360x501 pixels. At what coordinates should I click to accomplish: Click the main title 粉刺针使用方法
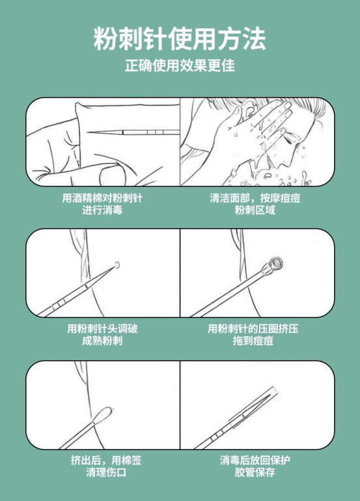tap(180, 38)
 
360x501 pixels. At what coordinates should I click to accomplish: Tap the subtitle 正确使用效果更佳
tap(180, 65)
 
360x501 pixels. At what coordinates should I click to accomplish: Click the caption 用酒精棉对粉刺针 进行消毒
tap(102, 204)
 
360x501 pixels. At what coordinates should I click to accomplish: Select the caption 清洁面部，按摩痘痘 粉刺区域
tap(255, 204)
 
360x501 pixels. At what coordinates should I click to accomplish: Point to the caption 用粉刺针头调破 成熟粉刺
tap(102, 334)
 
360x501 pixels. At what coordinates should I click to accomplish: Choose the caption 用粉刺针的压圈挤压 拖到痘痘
tap(253, 334)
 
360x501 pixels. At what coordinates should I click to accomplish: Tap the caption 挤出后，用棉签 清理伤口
tap(106, 466)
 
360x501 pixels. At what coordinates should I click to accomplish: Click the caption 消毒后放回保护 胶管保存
tap(255, 466)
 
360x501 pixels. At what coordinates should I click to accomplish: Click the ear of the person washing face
tap(248, 109)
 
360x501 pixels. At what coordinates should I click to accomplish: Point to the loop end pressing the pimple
tap(276, 264)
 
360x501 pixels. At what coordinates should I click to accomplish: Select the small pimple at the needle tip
tap(117, 265)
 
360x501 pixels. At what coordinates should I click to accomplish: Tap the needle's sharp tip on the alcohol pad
tap(89, 133)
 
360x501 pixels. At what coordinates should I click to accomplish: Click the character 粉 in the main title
tap(105, 38)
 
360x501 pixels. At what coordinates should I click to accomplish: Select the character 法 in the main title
tap(254, 38)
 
